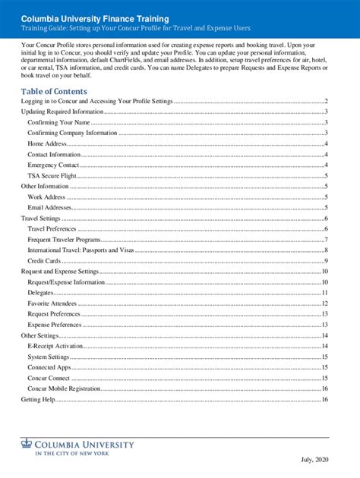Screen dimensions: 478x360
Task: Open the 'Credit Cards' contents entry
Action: tap(44, 260)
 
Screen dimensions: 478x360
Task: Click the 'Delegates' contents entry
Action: tap(40, 292)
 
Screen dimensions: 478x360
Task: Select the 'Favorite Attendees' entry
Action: tap(55, 303)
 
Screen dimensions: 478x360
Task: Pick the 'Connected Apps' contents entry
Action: tap(50, 366)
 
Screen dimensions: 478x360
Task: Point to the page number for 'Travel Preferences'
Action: tap(325, 228)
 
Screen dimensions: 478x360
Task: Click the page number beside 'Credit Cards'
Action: tap(325, 260)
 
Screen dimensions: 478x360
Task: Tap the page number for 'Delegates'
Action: tap(324, 292)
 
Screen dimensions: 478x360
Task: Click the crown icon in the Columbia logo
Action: tap(27, 445)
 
